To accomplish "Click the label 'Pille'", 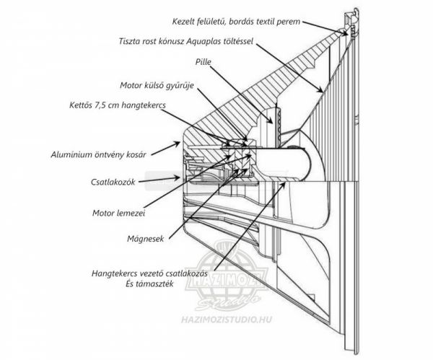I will pos(204,63).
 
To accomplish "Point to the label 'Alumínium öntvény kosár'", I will pos(99,154).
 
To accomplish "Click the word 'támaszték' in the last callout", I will pos(161,286).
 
